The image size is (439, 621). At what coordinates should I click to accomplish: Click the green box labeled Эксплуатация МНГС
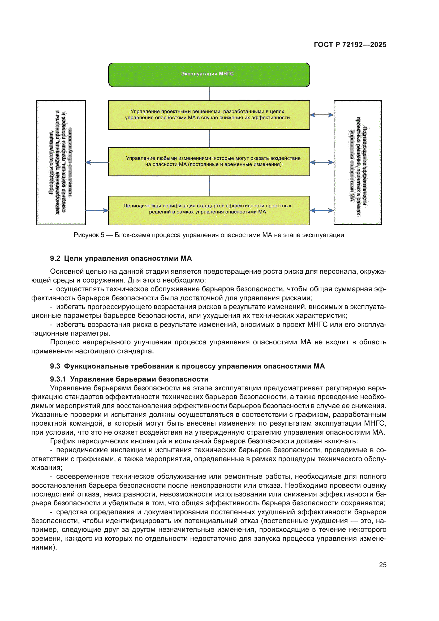(x=209, y=75)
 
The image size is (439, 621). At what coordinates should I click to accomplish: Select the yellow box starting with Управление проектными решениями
(x=209, y=115)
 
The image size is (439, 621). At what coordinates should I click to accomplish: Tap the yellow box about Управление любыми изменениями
(x=209, y=162)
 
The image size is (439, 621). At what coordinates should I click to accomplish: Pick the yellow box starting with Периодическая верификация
(x=209, y=210)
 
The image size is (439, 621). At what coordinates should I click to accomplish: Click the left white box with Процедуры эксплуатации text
(x=61, y=162)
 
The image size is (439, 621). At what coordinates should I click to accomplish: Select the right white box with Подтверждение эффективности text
(x=357, y=162)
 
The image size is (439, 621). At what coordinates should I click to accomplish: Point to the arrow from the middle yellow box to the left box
(x=97, y=162)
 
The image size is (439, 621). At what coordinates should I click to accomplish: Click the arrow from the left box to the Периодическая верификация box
(x=97, y=211)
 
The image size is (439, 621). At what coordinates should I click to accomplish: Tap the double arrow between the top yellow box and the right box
(x=322, y=115)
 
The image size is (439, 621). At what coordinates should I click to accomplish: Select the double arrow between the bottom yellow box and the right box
(x=322, y=211)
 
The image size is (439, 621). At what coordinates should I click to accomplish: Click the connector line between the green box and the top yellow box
(x=209, y=93)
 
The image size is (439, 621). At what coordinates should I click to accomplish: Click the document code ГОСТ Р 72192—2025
(x=350, y=45)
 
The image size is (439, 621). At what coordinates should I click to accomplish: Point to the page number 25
(x=382, y=565)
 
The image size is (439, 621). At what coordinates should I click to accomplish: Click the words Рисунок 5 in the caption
(x=89, y=235)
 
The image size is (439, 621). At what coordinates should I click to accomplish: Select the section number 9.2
(x=55, y=258)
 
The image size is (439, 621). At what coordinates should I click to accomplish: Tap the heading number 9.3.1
(x=58, y=379)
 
